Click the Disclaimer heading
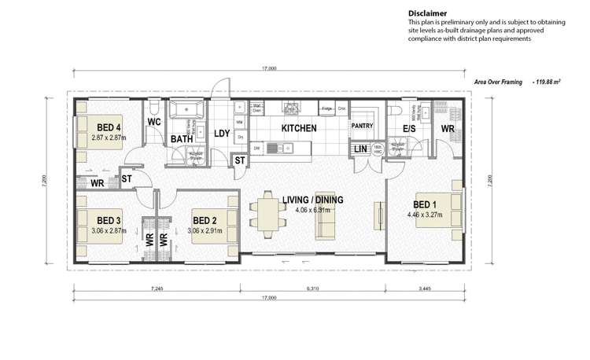[426, 13]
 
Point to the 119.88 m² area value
[550, 81]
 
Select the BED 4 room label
[109, 127]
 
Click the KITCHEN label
[299, 127]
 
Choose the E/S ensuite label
[409, 127]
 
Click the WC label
[154, 122]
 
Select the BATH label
[182, 139]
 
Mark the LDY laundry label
[222, 134]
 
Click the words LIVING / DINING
[312, 200]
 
